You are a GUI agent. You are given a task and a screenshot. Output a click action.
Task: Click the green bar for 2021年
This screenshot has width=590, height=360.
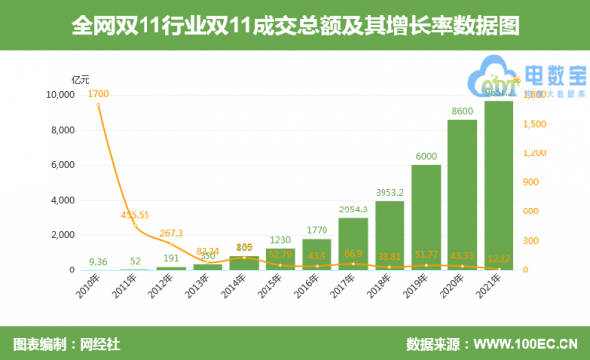(x=498, y=186)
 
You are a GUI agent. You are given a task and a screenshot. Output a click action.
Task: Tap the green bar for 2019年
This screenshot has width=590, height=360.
(x=426, y=217)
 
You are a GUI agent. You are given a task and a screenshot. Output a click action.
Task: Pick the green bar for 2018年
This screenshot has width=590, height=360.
(x=389, y=235)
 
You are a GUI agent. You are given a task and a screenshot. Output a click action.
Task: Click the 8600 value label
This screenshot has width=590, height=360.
(x=462, y=112)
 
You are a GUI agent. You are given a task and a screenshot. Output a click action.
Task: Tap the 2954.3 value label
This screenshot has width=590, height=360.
(x=353, y=210)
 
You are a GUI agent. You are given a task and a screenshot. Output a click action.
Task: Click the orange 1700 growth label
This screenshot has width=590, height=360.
(x=98, y=94)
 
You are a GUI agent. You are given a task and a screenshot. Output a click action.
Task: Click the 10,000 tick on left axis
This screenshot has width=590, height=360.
(x=61, y=95)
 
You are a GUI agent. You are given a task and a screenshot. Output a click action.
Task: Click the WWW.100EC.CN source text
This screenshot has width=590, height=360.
(x=525, y=344)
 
